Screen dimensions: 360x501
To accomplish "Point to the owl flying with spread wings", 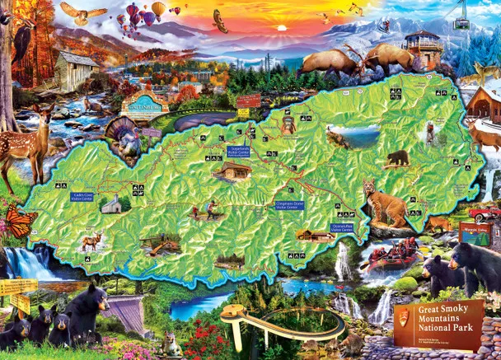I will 83,12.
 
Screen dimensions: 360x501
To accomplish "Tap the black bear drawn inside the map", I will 398,157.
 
